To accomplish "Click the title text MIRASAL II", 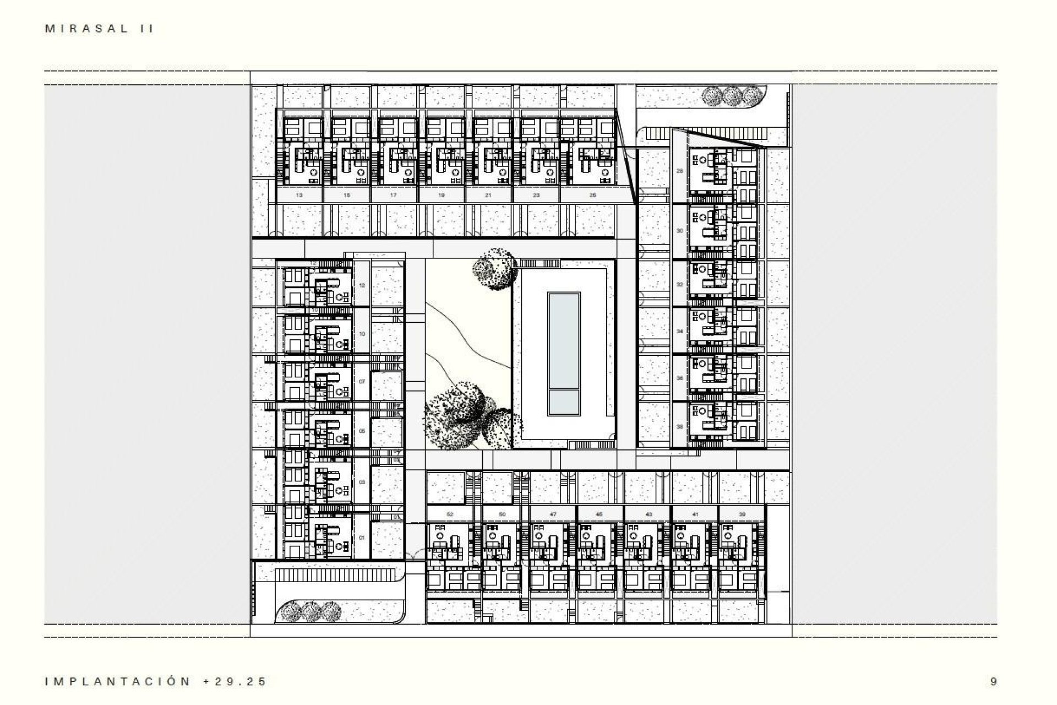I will [99, 29].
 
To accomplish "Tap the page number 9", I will [993, 681].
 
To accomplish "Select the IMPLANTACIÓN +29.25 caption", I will [156, 681].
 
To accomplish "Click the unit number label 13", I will [299, 195].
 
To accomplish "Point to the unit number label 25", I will [592, 195].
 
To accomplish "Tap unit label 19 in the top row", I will [442, 195].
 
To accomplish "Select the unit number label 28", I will [679, 171].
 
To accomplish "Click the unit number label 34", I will [679, 332].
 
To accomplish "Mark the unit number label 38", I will [679, 427].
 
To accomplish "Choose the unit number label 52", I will [450, 514].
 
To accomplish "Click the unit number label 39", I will [742, 514].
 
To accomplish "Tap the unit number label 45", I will [599, 514].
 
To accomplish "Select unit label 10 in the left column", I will [362, 334].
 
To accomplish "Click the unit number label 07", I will [362, 381].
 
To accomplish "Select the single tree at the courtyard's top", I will [494, 268].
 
